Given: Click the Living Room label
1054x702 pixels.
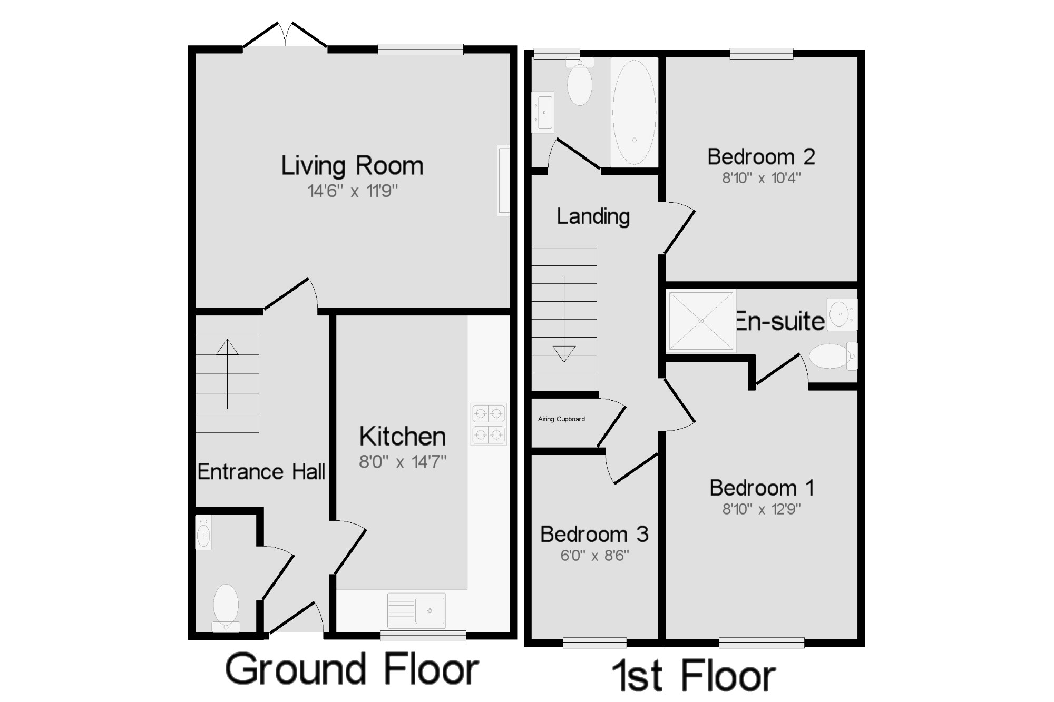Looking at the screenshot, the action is pos(352,166).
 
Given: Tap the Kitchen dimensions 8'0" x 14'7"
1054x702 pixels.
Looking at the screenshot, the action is pos(403,462).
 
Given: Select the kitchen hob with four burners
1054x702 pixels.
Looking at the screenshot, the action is pos(489,424).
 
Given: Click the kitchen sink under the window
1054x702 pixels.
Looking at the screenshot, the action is pos(416,610).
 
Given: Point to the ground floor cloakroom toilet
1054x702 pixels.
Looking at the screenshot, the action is pos(226,608).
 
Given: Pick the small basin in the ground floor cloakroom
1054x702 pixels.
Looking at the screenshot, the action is pos(203,532).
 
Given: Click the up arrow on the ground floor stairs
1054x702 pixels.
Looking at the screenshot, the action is pos(227,374).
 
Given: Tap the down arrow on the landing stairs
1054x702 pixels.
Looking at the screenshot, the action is pos(564,319).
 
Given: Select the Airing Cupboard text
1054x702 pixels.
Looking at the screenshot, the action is pos(561,419).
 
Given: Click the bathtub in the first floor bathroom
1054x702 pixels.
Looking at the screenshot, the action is pos(634,112).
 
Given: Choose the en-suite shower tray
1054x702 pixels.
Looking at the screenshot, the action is pos(701,321).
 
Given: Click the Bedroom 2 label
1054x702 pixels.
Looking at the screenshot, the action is pos(761,156).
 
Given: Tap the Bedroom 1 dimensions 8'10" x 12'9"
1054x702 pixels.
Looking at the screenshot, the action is pos(762,509).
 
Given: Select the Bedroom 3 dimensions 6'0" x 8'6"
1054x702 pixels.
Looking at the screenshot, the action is pos(594,556).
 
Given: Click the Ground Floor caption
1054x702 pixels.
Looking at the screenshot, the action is pos(352,669).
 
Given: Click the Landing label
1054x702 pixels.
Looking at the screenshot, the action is pos(593,216).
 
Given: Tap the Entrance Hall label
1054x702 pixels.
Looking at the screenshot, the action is pos(261,472).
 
